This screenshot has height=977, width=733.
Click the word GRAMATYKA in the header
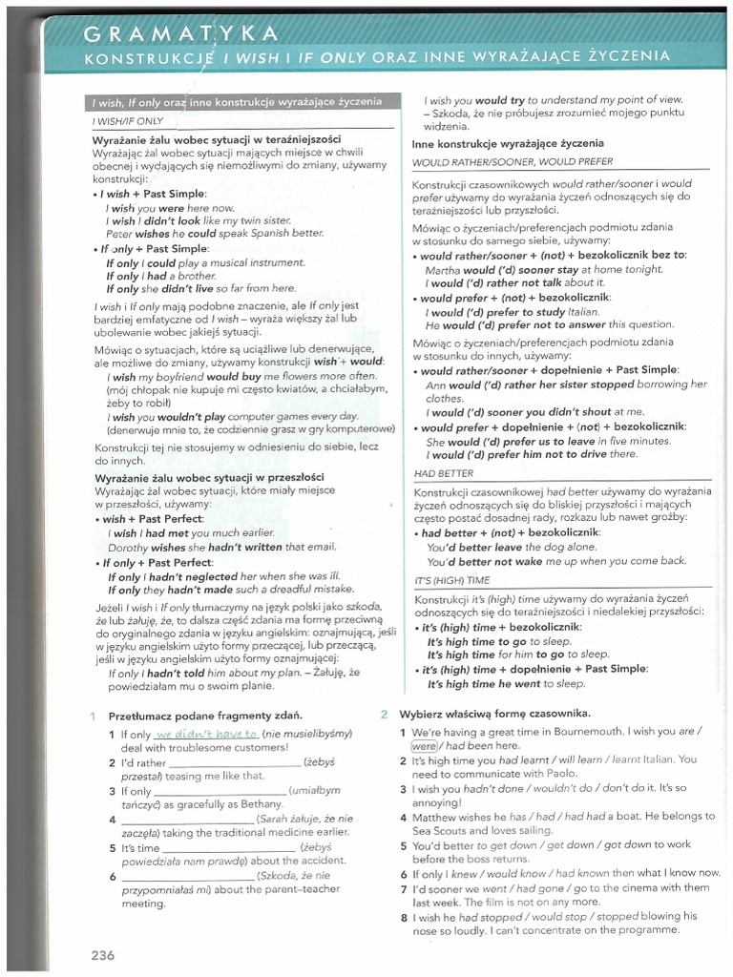click(x=181, y=34)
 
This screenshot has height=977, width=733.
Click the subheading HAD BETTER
click(x=444, y=473)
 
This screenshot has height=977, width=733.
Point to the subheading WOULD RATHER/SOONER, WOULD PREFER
click(x=513, y=162)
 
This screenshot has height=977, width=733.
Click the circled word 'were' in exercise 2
click(x=423, y=745)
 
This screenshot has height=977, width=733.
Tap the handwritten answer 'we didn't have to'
click(x=206, y=734)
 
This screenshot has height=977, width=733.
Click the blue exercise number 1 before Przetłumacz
click(x=94, y=716)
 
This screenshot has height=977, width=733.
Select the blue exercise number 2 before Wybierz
click(x=384, y=714)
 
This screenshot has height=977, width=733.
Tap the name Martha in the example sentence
click(x=442, y=269)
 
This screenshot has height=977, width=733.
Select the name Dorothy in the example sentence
click(x=128, y=548)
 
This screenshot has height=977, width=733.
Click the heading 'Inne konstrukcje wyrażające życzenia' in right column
click(x=509, y=144)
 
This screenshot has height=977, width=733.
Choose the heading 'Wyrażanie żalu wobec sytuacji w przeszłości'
click(x=209, y=477)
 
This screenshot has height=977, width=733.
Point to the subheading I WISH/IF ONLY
click(x=128, y=122)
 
